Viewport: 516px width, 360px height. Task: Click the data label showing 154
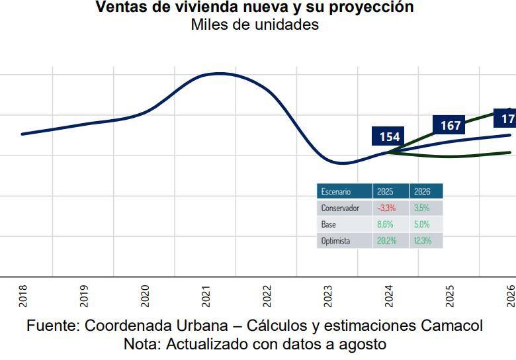(390, 137)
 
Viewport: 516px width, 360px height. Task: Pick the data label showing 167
(451, 126)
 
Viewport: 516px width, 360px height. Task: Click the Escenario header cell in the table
(336, 191)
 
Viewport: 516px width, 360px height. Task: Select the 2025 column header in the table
(385, 191)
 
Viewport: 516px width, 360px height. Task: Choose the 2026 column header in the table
(422, 191)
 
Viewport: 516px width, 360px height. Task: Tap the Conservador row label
(340, 208)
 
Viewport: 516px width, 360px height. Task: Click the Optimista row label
(335, 241)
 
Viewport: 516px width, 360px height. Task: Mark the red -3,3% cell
(386, 208)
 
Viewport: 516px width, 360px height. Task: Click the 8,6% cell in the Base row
(385, 224)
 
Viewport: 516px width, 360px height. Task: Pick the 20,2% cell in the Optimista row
(386, 241)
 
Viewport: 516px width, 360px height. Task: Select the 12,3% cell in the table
(422, 241)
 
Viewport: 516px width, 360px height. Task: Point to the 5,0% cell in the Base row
(422, 224)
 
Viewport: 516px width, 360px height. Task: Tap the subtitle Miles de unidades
(255, 24)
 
